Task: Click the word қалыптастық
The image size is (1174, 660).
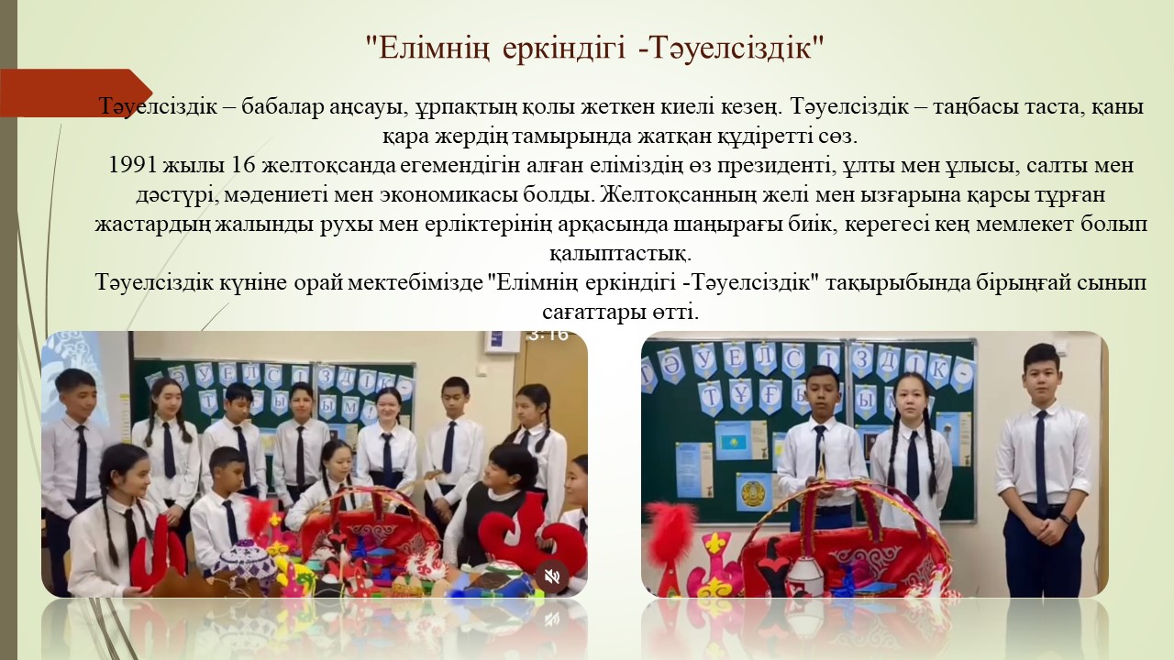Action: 621,255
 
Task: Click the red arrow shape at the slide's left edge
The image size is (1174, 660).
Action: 75,93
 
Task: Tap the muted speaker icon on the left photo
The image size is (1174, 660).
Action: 552,577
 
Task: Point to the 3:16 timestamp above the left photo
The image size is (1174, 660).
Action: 548,335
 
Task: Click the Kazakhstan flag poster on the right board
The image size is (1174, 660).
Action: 735,441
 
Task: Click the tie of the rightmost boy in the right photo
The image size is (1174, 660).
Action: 1041,455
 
